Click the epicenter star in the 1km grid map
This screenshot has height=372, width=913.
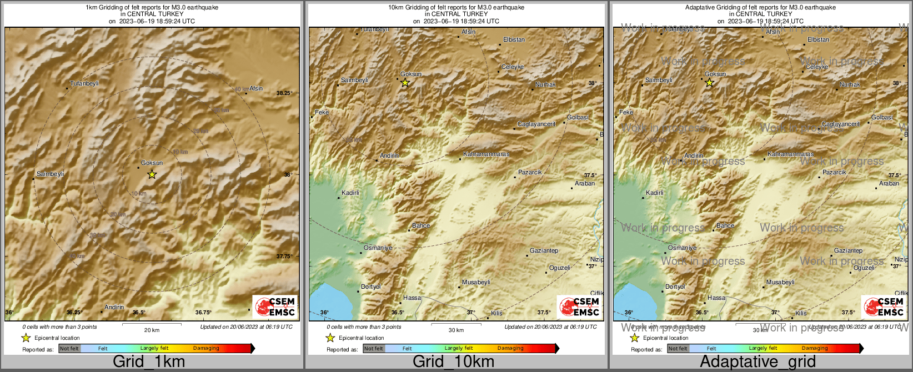click(x=152, y=174)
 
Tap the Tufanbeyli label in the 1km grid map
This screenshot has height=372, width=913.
click(x=84, y=84)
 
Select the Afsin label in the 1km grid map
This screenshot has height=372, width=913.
click(x=256, y=88)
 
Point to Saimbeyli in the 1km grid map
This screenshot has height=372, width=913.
click(x=50, y=174)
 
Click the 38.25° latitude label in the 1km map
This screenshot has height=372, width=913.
click(x=284, y=93)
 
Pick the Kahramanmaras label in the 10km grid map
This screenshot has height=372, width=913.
click(x=486, y=154)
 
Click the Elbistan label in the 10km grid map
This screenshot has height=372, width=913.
click(x=514, y=40)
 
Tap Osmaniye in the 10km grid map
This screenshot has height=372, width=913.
click(x=378, y=248)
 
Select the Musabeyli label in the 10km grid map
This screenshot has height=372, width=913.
click(x=476, y=282)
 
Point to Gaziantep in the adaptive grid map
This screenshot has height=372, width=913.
click(x=848, y=251)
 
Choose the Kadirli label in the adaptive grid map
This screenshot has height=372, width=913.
click(x=655, y=193)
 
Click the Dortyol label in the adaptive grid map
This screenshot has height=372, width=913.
click(x=675, y=287)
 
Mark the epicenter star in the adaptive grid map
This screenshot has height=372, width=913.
click(x=709, y=83)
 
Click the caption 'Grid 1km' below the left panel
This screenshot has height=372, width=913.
click(x=149, y=361)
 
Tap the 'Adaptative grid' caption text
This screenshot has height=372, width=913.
click(x=758, y=361)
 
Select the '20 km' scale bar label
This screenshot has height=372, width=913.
click(x=152, y=330)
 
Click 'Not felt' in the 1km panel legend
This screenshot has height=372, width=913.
click(x=69, y=349)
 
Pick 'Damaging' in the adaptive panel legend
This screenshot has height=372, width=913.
click(x=815, y=349)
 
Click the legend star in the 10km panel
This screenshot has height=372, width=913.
click(x=330, y=338)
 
